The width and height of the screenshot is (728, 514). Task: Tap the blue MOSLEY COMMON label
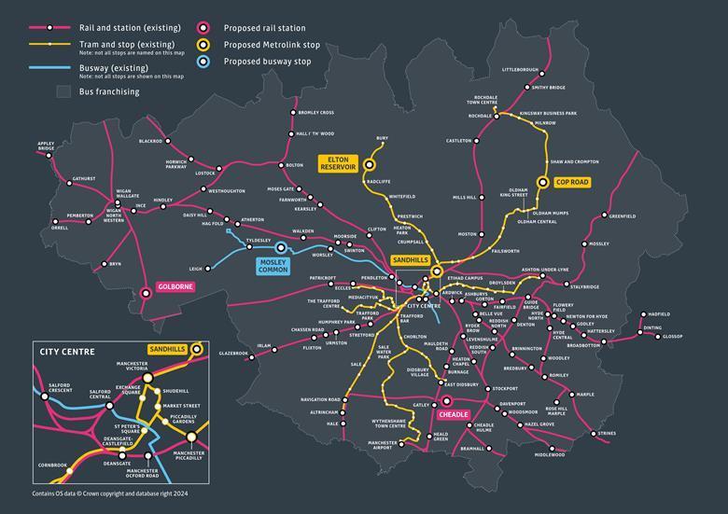[x=279, y=265]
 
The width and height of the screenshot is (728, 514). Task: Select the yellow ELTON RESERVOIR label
[x=339, y=164]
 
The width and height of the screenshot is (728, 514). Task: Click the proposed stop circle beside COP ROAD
[x=543, y=183]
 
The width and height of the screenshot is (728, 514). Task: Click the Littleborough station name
[x=521, y=70]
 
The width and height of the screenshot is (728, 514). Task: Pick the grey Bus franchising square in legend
[x=63, y=91]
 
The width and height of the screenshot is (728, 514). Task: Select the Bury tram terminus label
[x=382, y=138]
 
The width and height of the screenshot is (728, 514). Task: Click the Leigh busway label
[x=195, y=269]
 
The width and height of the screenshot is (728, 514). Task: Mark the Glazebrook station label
[x=233, y=354]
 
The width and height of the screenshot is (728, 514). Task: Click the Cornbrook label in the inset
[x=52, y=464]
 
